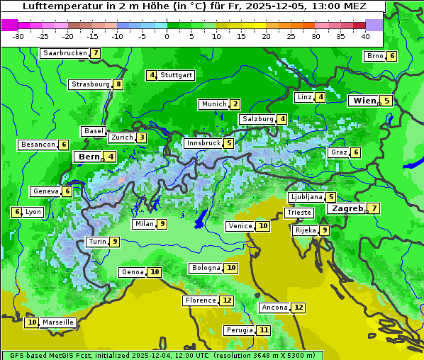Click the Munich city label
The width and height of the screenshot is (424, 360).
point(213,104)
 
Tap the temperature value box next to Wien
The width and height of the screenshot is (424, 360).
point(386,101)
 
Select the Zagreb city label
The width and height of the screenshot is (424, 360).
point(347,208)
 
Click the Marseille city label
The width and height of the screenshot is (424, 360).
point(58,322)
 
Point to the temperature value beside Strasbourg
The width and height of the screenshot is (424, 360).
point(118,84)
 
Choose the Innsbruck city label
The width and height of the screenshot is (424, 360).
point(202,143)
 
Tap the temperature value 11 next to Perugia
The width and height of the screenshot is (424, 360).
point(264,330)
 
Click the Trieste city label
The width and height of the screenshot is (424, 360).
point(299,213)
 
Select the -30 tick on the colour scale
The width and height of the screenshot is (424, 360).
point(18,36)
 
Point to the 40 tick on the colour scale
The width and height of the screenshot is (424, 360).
point(365,36)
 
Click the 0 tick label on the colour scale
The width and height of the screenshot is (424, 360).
point(167,36)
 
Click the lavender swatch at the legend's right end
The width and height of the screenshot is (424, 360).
point(374,25)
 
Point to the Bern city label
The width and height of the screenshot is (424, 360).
point(89,157)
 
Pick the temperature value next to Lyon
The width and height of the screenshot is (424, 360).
point(16,211)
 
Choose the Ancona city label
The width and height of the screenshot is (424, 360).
point(274,308)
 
